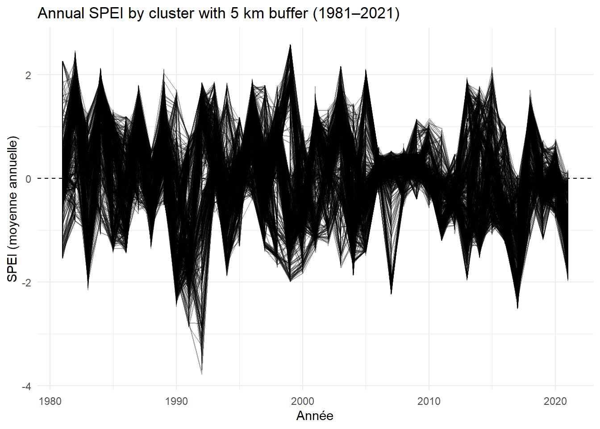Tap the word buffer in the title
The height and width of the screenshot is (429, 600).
[288, 13]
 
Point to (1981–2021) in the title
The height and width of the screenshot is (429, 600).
[356, 13]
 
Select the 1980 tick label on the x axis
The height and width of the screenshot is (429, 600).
[50, 401]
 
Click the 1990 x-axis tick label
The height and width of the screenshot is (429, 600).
[176, 401]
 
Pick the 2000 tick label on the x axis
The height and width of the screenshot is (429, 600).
[303, 401]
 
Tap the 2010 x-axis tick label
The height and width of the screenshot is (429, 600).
[429, 401]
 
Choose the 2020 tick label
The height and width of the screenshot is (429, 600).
[555, 401]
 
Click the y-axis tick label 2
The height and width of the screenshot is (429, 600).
[28, 75]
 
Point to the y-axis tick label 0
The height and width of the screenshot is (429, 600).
[28, 179]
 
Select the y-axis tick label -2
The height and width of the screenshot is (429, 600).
[26, 282]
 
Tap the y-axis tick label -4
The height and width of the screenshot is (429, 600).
[26, 386]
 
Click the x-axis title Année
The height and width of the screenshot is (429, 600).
[315, 416]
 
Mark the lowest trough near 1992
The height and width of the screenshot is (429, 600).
[202, 373]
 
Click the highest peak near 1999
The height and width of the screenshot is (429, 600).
[290, 45]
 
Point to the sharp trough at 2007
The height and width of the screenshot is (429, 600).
[391, 293]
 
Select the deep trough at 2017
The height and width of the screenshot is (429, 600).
[517, 307]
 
